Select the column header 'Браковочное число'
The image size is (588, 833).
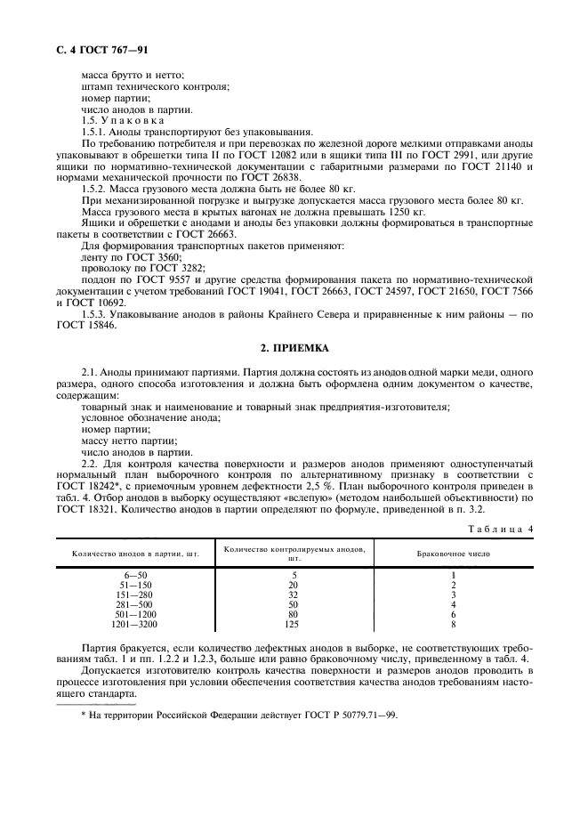pyautogui.click(x=454, y=554)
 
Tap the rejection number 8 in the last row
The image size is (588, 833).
pyautogui.click(x=454, y=626)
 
